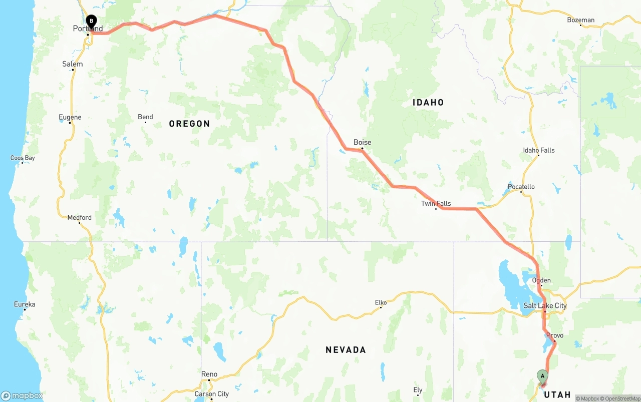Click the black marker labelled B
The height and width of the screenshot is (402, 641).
point(91,22)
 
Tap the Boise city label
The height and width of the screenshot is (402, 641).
point(362,142)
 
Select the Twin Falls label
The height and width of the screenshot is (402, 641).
point(436,203)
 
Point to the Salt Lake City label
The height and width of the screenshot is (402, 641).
point(545,305)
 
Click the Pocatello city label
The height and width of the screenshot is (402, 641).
point(521,187)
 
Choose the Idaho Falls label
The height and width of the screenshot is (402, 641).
point(538,150)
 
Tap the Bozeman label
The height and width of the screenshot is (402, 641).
point(580,20)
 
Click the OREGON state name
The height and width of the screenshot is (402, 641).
point(189,124)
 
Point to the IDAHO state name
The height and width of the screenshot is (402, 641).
point(428,102)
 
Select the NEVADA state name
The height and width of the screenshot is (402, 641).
point(346,349)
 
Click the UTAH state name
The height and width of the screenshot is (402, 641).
point(557,394)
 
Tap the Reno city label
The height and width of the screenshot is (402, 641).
point(209,374)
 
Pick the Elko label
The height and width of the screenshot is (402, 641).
point(381,302)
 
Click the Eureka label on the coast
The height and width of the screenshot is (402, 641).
point(24,304)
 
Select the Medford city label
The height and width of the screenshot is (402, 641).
point(79,217)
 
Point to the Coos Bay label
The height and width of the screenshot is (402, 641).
point(23,158)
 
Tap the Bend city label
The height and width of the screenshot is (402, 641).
point(145,117)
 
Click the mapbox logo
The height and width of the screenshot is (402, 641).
point(22,395)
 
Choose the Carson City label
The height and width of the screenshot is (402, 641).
point(211,394)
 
